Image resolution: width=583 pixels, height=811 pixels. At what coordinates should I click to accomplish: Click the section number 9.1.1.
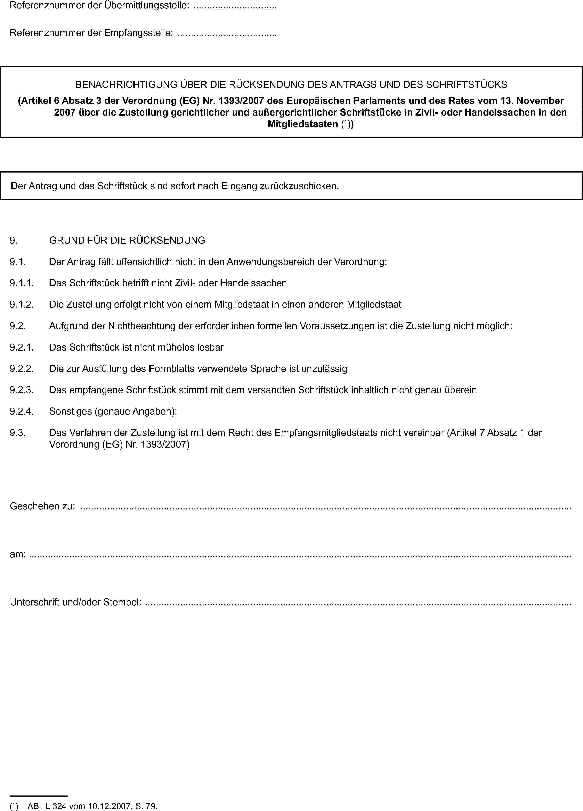[22, 283]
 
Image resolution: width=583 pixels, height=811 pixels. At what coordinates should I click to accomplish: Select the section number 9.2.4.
[22, 412]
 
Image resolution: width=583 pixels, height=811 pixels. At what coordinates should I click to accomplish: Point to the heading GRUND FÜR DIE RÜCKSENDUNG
[127, 240]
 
